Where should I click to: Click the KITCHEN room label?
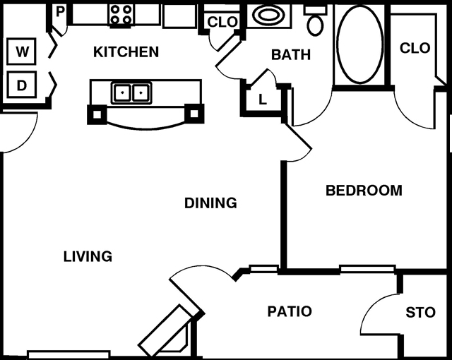126,52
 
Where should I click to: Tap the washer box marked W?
23,52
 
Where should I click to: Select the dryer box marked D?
23,86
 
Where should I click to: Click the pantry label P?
60,12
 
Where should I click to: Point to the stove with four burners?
120,14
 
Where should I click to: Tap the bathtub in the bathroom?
361,43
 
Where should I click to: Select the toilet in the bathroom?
315,23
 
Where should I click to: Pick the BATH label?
291,54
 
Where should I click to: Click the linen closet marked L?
262,100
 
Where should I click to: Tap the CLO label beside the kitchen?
222,22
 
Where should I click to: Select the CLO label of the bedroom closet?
415,48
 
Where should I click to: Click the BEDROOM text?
364,190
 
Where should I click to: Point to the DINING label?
210,203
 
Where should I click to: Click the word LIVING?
88,256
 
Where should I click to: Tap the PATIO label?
290,311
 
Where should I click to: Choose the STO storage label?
421,313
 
